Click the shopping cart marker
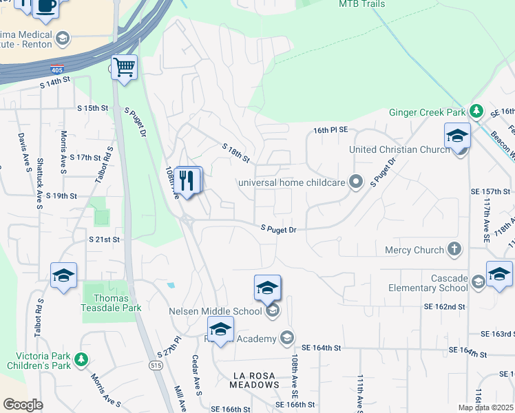(124, 68)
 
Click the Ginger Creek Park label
(428, 112)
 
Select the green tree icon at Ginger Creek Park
(476, 111)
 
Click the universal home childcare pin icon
(355, 182)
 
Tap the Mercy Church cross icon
(454, 249)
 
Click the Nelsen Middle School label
(216, 311)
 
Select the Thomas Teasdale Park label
(112, 303)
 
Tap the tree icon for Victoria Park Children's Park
(81, 359)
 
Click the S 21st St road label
(105, 239)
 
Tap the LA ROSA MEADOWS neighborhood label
(254, 380)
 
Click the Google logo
(23, 405)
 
